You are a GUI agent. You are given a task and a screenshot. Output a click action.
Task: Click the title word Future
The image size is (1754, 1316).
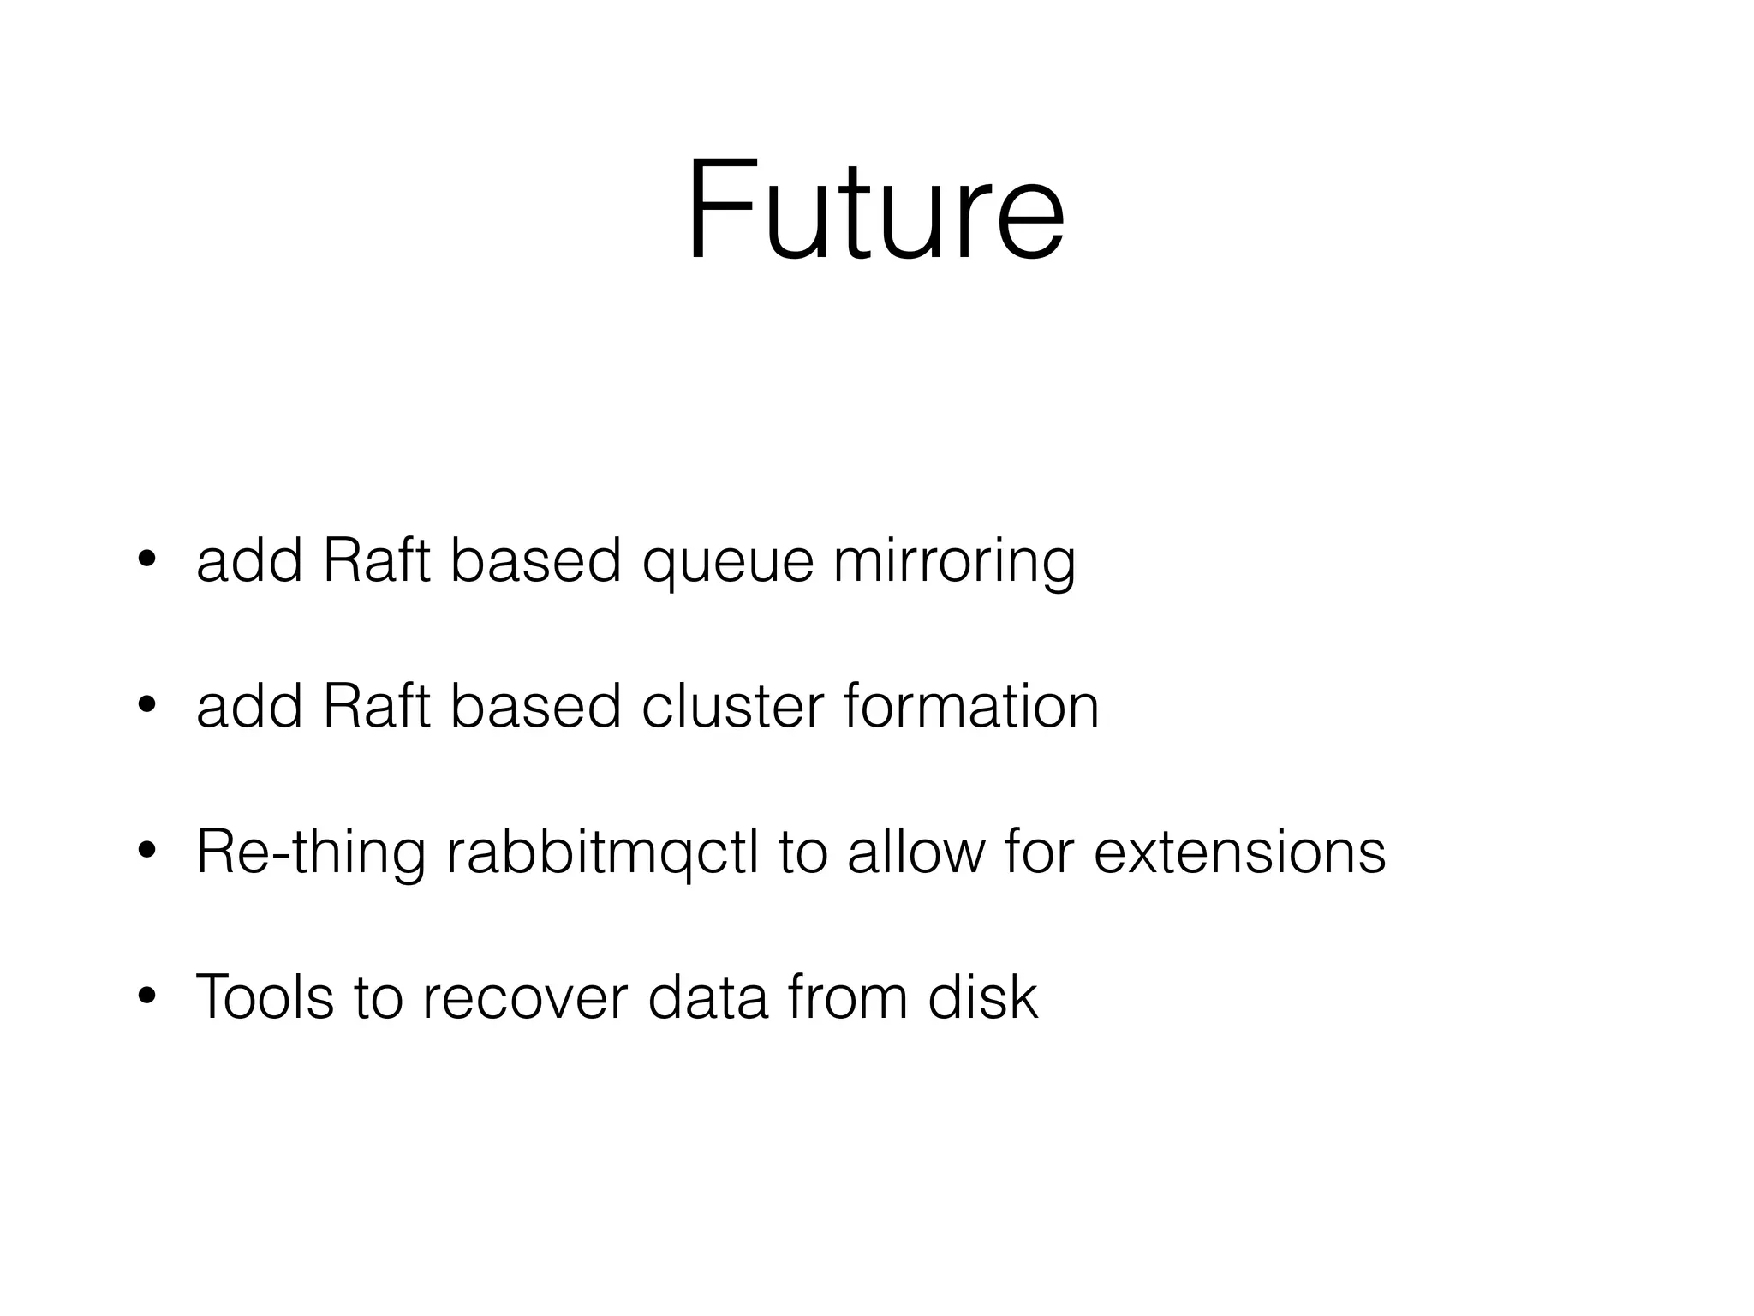(x=875, y=210)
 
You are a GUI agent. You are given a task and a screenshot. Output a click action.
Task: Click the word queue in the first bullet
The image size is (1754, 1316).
(x=727, y=564)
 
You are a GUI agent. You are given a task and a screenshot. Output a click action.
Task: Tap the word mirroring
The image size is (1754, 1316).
(x=954, y=564)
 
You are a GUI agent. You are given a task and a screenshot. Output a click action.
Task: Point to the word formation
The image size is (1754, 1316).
(x=971, y=707)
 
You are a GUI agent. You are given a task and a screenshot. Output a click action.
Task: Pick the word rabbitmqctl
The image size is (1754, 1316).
(x=602, y=853)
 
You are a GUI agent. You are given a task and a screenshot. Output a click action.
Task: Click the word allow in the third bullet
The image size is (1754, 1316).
(x=916, y=853)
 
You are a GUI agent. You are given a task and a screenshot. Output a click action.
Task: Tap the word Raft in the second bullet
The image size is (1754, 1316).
(x=376, y=707)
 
